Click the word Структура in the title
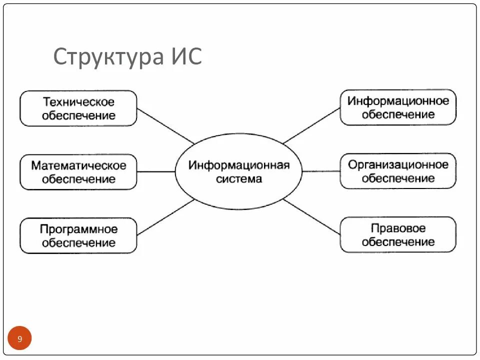[x=107, y=57]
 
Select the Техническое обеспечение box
[x=78, y=108]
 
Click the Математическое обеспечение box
[x=78, y=172]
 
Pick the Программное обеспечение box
[x=78, y=235]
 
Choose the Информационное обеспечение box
[x=398, y=107]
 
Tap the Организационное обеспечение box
[x=398, y=171]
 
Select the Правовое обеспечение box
[x=398, y=234]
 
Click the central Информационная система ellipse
[x=238, y=171]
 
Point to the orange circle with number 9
[x=19, y=338]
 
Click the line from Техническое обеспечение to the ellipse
[x=165, y=126]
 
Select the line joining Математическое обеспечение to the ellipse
[x=155, y=172]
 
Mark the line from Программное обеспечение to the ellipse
[x=165, y=217]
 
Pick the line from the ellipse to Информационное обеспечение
[x=311, y=125]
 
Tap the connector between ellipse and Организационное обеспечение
[x=321, y=171]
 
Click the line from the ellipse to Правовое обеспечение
[x=311, y=216]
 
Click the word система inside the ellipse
[x=238, y=178]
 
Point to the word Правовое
[x=398, y=228]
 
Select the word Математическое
[x=78, y=165]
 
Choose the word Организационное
[x=398, y=164]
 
